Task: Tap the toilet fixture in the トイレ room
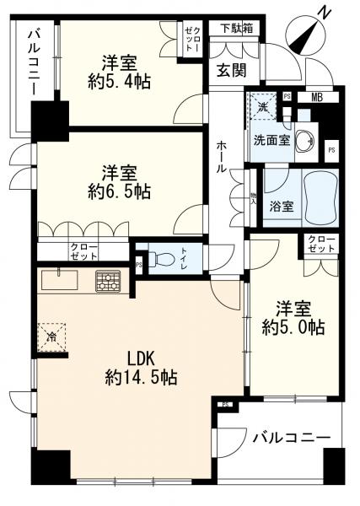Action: [165, 259]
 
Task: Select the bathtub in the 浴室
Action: [318, 197]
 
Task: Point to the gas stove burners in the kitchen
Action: [108, 280]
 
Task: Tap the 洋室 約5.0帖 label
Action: [292, 317]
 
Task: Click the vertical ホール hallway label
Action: [220, 157]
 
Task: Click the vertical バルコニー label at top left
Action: [34, 61]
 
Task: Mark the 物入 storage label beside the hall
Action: [252, 196]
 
